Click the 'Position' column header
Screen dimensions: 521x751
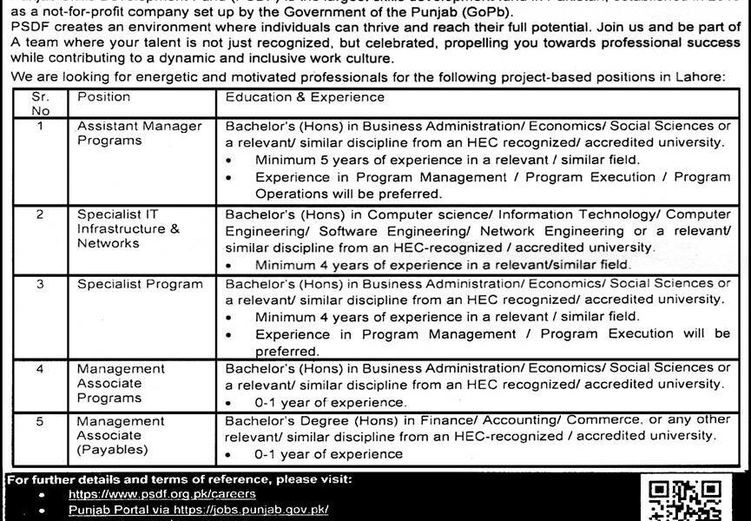[103, 97]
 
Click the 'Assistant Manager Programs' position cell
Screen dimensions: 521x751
[139, 133]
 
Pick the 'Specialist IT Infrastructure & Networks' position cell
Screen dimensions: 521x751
[128, 229]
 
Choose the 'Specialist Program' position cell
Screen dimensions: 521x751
[139, 284]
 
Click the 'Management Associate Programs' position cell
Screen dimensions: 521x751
[121, 383]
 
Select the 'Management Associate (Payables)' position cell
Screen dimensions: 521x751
[121, 435]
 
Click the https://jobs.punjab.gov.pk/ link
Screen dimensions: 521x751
[199, 510]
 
